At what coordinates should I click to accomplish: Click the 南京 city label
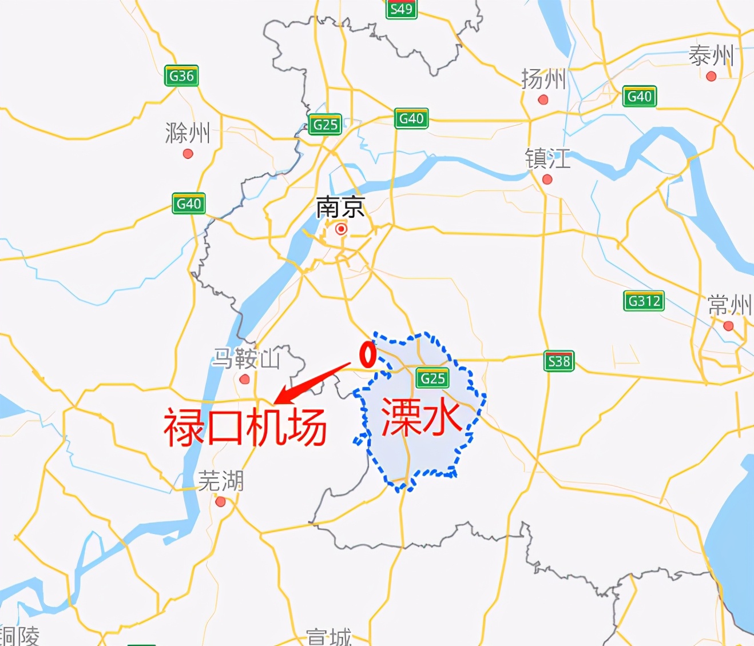[340, 208]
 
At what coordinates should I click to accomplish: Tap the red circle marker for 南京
[341, 229]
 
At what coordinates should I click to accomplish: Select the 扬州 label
[543, 79]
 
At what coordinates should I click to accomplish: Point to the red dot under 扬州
[543, 100]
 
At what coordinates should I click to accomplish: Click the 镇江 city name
[547, 158]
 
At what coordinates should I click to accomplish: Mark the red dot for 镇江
[547, 180]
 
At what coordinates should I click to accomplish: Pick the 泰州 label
[711, 56]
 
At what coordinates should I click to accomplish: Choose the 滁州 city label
[188, 133]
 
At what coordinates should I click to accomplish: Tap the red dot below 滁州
[188, 154]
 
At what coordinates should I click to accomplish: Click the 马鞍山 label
[246, 359]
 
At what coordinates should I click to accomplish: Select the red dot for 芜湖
[220, 502]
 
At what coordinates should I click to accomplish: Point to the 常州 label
[729, 305]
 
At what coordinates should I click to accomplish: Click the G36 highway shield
[181, 76]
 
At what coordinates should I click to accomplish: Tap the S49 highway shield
[401, 9]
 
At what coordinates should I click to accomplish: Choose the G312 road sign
[644, 301]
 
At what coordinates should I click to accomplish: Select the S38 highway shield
[558, 361]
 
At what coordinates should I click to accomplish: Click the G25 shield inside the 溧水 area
[432, 378]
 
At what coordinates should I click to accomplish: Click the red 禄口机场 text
[245, 426]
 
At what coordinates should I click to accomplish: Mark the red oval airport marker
[367, 354]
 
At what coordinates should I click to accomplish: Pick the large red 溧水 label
[420, 416]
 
